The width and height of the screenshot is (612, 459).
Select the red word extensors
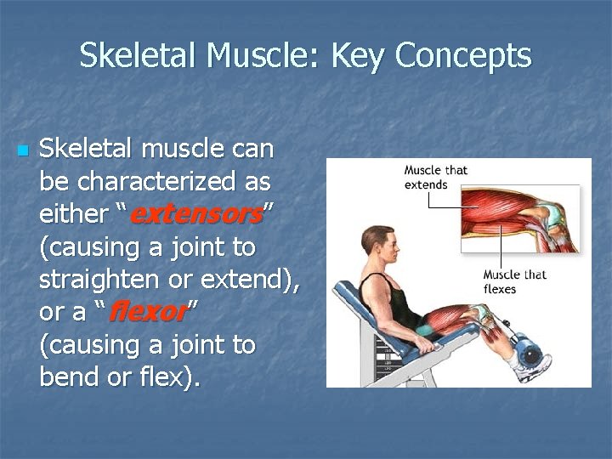(x=195, y=214)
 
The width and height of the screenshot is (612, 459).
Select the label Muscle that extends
(x=435, y=176)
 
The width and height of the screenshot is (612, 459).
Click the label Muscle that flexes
(x=515, y=281)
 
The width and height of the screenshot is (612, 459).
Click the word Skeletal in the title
(x=140, y=56)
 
